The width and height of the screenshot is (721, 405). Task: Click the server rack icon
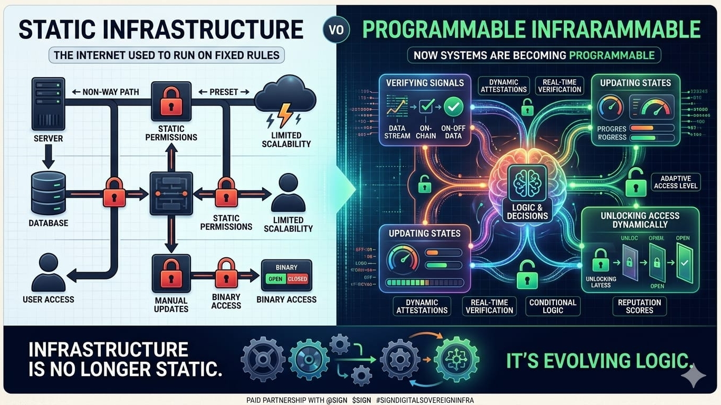pos(49,104)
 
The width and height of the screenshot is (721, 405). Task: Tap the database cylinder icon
pos(49,192)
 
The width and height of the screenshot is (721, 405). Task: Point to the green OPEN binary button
pos(276,279)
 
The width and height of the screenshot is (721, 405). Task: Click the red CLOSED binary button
pos(297,279)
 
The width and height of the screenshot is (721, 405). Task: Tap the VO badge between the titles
pos(336,30)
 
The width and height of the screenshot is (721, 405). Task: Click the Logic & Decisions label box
pos(527,211)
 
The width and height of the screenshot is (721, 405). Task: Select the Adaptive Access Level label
pos(676,181)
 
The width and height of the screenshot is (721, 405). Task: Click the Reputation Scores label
pos(639,306)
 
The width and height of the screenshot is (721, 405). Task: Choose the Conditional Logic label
pos(553,306)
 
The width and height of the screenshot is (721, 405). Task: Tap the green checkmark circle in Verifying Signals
pos(453,108)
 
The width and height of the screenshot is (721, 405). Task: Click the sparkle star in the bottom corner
pos(693,375)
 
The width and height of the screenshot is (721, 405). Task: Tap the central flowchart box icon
pos(171,193)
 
